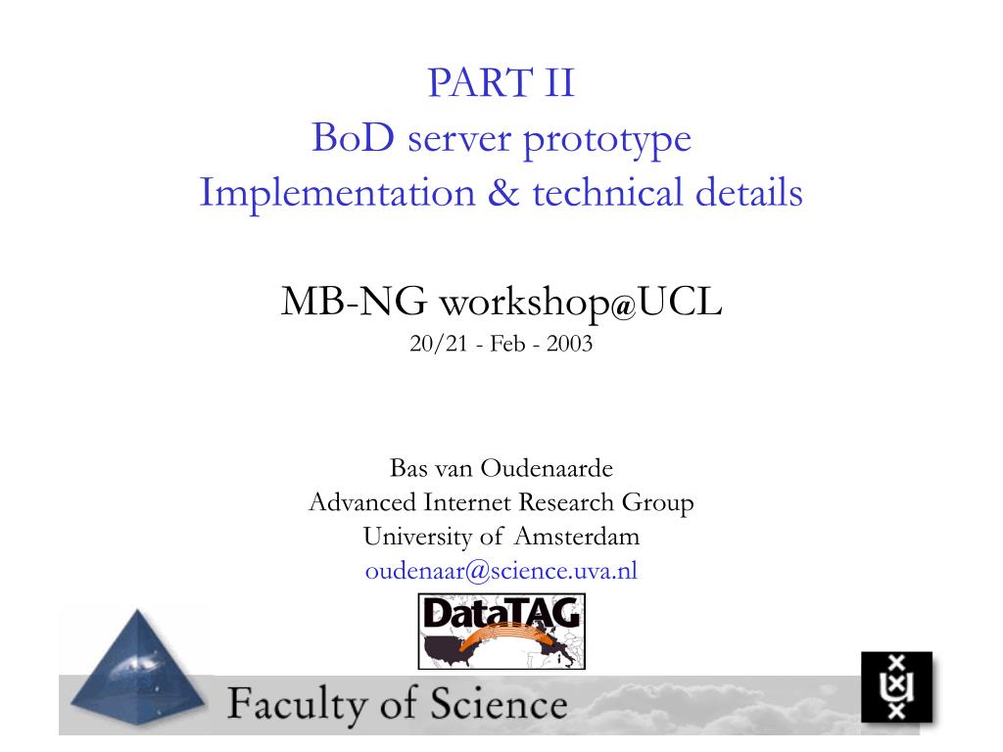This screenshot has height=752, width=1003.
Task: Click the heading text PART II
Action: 501,82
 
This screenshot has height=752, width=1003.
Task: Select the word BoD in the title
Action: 353,137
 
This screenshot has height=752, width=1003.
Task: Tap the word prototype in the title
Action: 607,141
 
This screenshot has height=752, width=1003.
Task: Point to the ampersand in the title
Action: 503,193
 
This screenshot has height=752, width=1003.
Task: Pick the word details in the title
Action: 748,192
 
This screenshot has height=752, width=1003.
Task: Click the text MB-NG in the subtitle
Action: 354,302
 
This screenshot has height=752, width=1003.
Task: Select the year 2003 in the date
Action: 569,344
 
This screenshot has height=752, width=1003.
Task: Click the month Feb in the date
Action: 507,344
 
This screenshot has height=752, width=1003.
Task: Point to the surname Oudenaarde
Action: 547,468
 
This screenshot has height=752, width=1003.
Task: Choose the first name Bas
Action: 408,468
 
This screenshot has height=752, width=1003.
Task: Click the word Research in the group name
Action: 567,502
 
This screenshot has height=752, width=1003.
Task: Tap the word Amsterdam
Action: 577,536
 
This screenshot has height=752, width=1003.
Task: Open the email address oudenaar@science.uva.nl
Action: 501,571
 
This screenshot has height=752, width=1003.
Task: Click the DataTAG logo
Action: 501,632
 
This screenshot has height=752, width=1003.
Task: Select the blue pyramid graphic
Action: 137,668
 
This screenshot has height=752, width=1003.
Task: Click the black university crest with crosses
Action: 896,687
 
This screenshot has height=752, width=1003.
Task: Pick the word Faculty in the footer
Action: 298,705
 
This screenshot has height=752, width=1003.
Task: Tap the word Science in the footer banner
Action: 499,703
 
